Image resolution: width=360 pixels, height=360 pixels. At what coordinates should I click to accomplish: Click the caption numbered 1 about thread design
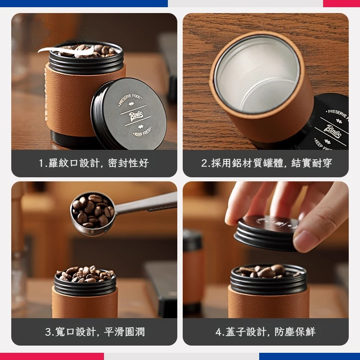point(94,163)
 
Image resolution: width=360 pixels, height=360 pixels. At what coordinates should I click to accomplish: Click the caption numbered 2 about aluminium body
point(266,163)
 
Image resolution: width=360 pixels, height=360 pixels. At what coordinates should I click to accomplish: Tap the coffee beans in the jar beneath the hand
point(268,271)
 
